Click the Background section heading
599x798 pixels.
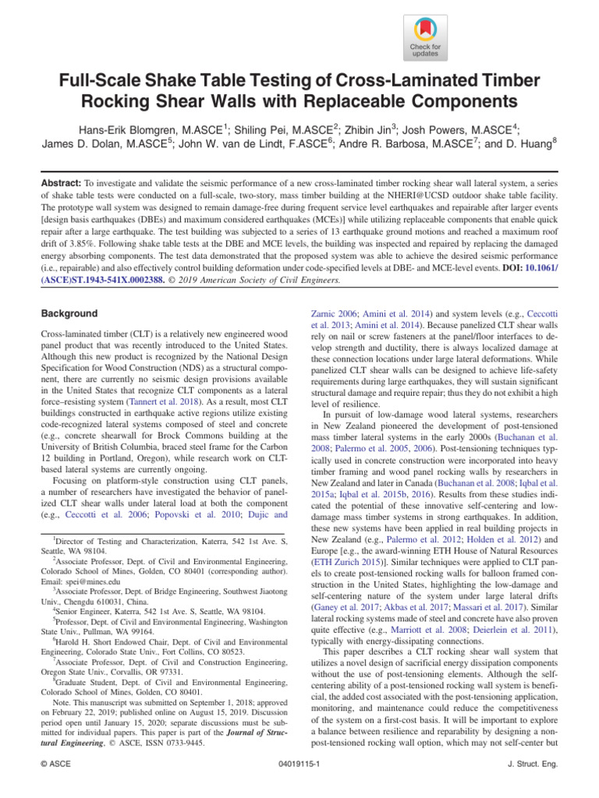coord(69,314)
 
